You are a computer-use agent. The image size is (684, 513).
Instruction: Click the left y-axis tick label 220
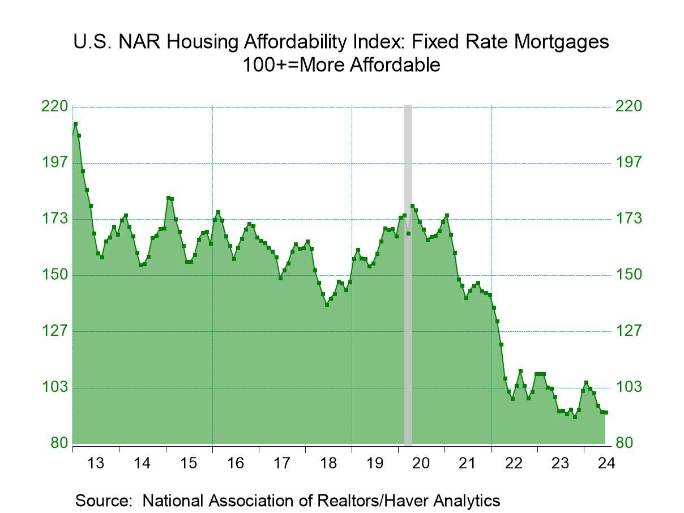(54, 106)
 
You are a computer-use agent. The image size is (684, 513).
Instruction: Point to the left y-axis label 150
(54, 275)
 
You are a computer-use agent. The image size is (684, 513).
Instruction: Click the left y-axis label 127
(54, 331)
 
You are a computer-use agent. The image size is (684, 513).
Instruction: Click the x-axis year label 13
(96, 463)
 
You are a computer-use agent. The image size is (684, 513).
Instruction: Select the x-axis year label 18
(328, 463)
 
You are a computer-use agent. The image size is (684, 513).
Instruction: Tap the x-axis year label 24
(606, 463)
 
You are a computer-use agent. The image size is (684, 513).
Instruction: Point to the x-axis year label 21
(467, 463)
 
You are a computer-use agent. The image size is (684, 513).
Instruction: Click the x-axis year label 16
(235, 463)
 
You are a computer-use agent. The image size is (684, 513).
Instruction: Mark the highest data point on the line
(75, 123)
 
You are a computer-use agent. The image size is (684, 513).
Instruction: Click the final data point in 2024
(606, 412)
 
